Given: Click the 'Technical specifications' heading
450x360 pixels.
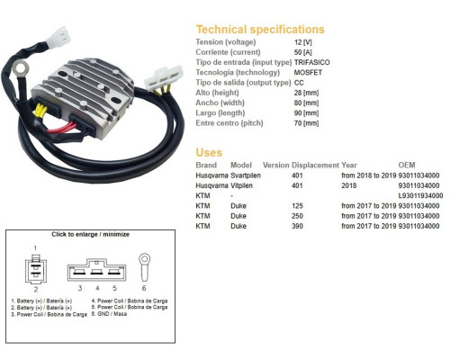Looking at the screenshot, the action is [x=260, y=30].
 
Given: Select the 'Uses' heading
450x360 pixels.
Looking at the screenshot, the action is [x=209, y=152].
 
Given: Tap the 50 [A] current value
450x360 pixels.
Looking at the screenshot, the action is [x=303, y=52].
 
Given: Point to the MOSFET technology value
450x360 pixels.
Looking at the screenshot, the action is [x=308, y=73].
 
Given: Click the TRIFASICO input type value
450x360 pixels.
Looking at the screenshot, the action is [x=311, y=62].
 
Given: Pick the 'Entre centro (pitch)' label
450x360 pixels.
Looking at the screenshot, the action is [x=229, y=123].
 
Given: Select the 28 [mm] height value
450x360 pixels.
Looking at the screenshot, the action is [x=306, y=93].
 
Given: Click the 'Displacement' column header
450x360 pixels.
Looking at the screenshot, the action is [x=315, y=166].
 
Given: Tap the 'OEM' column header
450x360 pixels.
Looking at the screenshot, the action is [x=407, y=165].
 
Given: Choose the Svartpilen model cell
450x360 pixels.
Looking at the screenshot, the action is [x=246, y=175].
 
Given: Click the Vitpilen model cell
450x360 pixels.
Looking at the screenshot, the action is [x=241, y=185].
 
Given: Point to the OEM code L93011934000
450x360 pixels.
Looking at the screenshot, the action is [x=420, y=196].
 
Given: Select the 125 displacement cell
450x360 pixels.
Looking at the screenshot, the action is [x=297, y=206].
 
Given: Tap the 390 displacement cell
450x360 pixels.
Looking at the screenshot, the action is [x=297, y=226].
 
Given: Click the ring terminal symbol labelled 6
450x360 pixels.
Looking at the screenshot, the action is [x=144, y=267].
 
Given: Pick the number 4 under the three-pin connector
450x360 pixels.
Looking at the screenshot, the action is [x=97, y=288].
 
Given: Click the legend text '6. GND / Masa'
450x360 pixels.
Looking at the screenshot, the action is [x=109, y=314].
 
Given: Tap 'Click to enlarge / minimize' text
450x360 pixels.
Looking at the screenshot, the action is [x=90, y=234].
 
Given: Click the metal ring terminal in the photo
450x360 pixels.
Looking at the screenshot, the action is [x=21, y=68].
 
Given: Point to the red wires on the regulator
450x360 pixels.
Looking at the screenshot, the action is [x=61, y=129].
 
